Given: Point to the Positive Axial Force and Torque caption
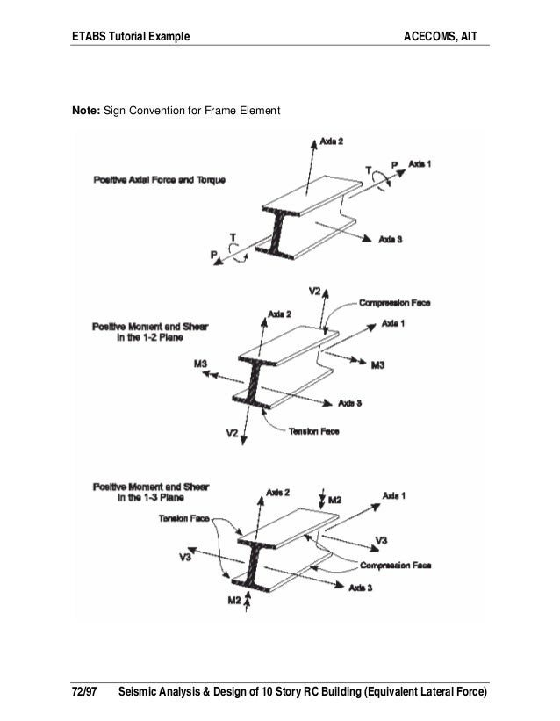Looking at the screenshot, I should click(x=159, y=180).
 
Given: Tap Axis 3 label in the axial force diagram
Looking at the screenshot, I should click(x=390, y=239).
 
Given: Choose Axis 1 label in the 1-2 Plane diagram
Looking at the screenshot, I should click(x=393, y=323).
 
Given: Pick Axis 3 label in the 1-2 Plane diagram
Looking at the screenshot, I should click(x=351, y=403).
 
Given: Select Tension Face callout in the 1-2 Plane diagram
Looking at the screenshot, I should click(x=313, y=432).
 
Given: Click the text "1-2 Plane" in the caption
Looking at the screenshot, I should click(x=149, y=342).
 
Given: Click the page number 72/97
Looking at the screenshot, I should click(x=84, y=693).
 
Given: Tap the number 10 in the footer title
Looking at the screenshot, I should click(x=268, y=693).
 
